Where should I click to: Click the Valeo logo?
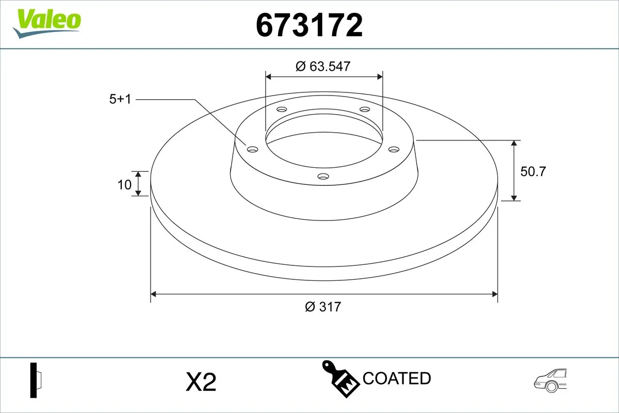(46, 24)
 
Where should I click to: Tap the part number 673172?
(309, 25)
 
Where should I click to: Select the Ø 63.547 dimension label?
(323, 67)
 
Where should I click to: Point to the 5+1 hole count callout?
(120, 99)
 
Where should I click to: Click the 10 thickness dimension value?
(124, 185)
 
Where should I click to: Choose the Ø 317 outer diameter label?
(323, 307)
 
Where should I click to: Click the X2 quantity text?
(201, 382)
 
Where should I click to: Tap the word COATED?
(397, 378)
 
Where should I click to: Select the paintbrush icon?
(340, 379)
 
